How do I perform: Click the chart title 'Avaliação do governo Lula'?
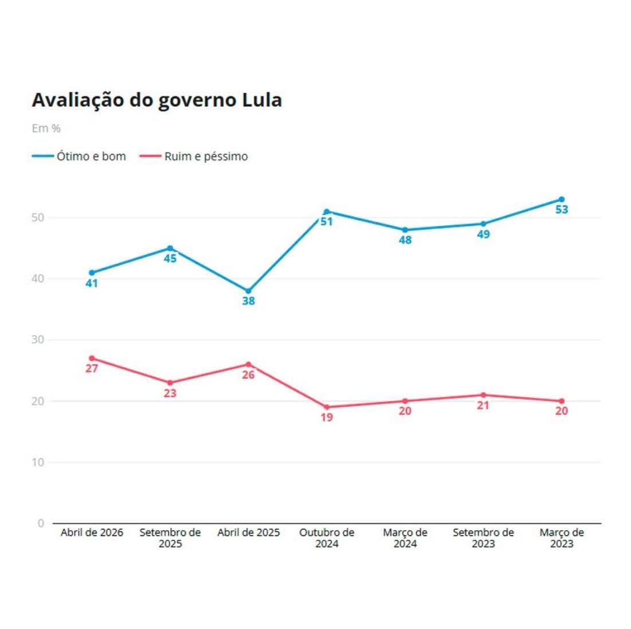(156, 100)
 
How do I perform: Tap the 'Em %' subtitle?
(46, 128)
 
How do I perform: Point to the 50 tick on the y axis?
(38, 218)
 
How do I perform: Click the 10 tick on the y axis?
(38, 462)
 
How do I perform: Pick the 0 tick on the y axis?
(41, 523)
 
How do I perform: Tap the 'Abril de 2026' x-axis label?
(92, 533)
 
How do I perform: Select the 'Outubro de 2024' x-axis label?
(327, 538)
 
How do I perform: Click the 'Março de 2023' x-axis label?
(562, 538)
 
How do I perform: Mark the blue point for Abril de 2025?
(248, 291)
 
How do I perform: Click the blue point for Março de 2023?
(562, 200)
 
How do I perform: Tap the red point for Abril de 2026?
(92, 358)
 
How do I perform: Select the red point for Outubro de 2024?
(327, 407)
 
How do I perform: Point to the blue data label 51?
(327, 221)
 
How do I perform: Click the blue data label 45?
(170, 259)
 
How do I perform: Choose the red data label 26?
(248, 375)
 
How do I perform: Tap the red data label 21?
(483, 405)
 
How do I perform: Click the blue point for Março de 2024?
(405, 230)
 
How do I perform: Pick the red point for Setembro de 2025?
(170, 382)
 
